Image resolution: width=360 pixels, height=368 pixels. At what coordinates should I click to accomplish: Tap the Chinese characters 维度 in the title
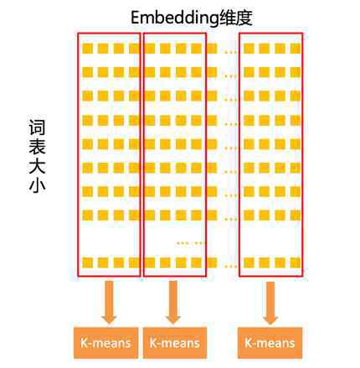[x=236, y=18]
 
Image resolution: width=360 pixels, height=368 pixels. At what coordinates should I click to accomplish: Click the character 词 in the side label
[x=37, y=127]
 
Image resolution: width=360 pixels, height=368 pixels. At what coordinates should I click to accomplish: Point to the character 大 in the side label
[x=37, y=166]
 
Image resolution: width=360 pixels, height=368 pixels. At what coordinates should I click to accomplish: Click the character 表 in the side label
[x=37, y=147]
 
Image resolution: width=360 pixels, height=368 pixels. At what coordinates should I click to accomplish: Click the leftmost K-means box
[x=105, y=343]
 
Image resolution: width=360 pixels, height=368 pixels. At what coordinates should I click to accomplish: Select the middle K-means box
[x=175, y=343]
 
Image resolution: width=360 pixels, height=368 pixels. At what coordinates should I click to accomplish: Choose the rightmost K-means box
[x=270, y=343]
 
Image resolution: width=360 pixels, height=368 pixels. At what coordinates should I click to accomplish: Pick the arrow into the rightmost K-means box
[x=270, y=303]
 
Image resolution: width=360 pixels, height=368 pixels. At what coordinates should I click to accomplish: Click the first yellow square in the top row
[x=88, y=49]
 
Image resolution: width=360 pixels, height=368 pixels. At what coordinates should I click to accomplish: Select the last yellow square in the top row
[x=296, y=49]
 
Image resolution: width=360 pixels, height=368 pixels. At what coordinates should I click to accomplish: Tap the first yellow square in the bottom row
[x=88, y=263]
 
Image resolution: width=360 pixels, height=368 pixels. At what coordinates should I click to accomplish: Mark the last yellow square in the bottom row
[x=296, y=263]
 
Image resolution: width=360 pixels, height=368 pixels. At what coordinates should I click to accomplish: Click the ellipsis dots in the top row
[x=230, y=52]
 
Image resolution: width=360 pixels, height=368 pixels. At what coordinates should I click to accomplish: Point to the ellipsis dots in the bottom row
[x=230, y=267]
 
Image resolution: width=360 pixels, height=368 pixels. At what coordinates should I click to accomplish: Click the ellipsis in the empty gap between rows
[x=190, y=243]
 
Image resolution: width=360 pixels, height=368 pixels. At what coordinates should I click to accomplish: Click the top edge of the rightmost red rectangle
[x=270, y=34]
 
